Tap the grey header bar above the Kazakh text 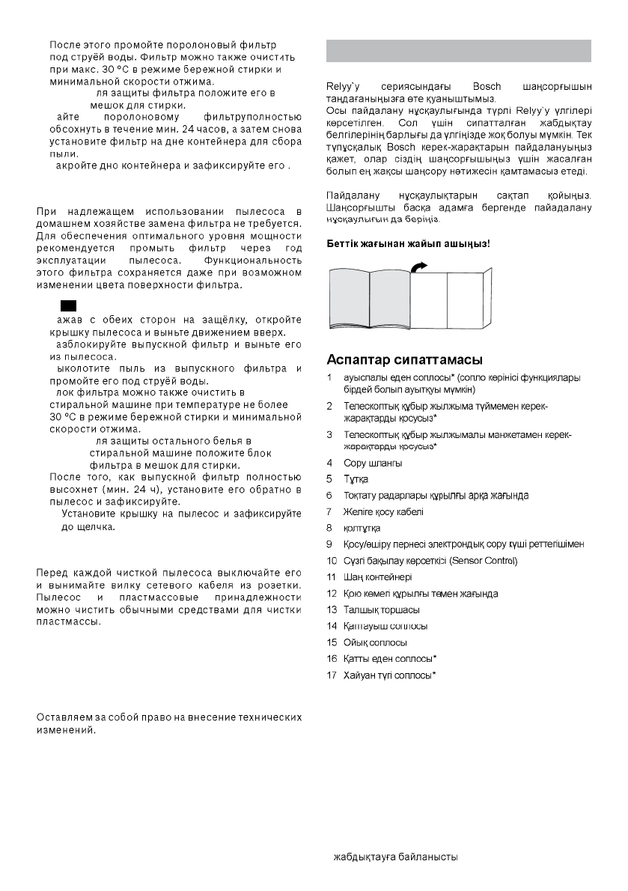pyautogui.click(x=460, y=51)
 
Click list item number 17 pyautogui.click(x=332, y=675)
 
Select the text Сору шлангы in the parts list pyautogui.click(x=373, y=463)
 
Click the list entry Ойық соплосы pyautogui.click(x=375, y=642)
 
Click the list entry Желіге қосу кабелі pyautogui.click(x=383, y=511)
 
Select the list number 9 pyautogui.click(x=330, y=544)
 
